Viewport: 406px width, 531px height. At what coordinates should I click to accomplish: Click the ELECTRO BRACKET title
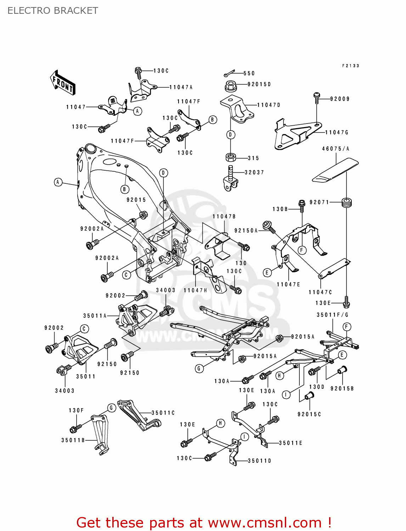[52, 11]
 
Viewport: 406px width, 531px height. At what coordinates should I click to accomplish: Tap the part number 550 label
[249, 73]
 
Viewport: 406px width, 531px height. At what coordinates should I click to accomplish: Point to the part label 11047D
[269, 105]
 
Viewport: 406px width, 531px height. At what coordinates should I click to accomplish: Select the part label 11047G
[337, 132]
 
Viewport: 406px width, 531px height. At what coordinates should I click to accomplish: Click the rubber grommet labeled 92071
[346, 203]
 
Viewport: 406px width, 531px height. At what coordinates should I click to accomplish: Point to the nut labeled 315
[230, 157]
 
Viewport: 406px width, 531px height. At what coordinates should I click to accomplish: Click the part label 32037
[254, 172]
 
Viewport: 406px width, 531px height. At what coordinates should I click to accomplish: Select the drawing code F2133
[350, 66]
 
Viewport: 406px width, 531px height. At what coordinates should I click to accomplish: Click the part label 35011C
[163, 413]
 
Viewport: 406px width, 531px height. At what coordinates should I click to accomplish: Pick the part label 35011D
[259, 461]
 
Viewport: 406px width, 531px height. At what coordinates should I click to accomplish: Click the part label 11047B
[224, 216]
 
